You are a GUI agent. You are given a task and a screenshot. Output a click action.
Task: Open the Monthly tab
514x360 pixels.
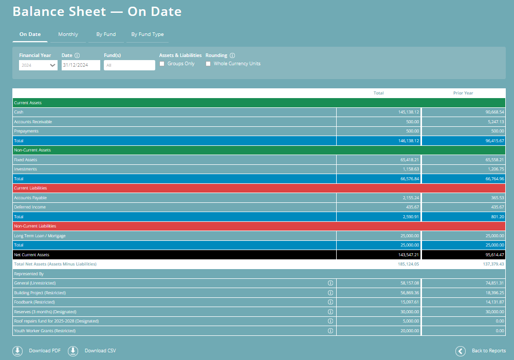[68, 34]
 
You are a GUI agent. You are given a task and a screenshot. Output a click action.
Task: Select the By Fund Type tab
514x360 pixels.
[147, 34]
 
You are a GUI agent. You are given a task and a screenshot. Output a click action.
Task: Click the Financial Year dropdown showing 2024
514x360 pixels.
[38, 65]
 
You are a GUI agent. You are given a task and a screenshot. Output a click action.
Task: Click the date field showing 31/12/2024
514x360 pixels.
[81, 65]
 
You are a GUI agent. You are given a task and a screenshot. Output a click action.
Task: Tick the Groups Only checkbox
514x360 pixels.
[162, 64]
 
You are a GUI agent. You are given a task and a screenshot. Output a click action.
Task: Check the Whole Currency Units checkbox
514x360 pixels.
[208, 64]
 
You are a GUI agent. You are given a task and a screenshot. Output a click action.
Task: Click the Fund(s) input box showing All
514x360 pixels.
[129, 65]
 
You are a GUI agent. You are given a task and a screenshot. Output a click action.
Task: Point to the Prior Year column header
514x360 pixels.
[463, 93]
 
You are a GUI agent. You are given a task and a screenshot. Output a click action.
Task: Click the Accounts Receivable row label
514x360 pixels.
[33, 122]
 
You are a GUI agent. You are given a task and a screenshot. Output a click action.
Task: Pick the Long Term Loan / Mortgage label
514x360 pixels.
[40, 236]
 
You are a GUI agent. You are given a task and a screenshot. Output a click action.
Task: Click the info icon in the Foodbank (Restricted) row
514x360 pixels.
[331, 302]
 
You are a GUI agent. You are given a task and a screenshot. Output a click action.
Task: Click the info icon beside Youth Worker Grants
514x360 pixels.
[331, 331]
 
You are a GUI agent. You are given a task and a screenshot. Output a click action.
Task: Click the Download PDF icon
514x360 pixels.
[17, 351]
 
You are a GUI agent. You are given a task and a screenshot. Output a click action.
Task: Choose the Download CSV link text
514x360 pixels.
[100, 351]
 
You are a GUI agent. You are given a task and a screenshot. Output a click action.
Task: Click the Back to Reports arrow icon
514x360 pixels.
[461, 351]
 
